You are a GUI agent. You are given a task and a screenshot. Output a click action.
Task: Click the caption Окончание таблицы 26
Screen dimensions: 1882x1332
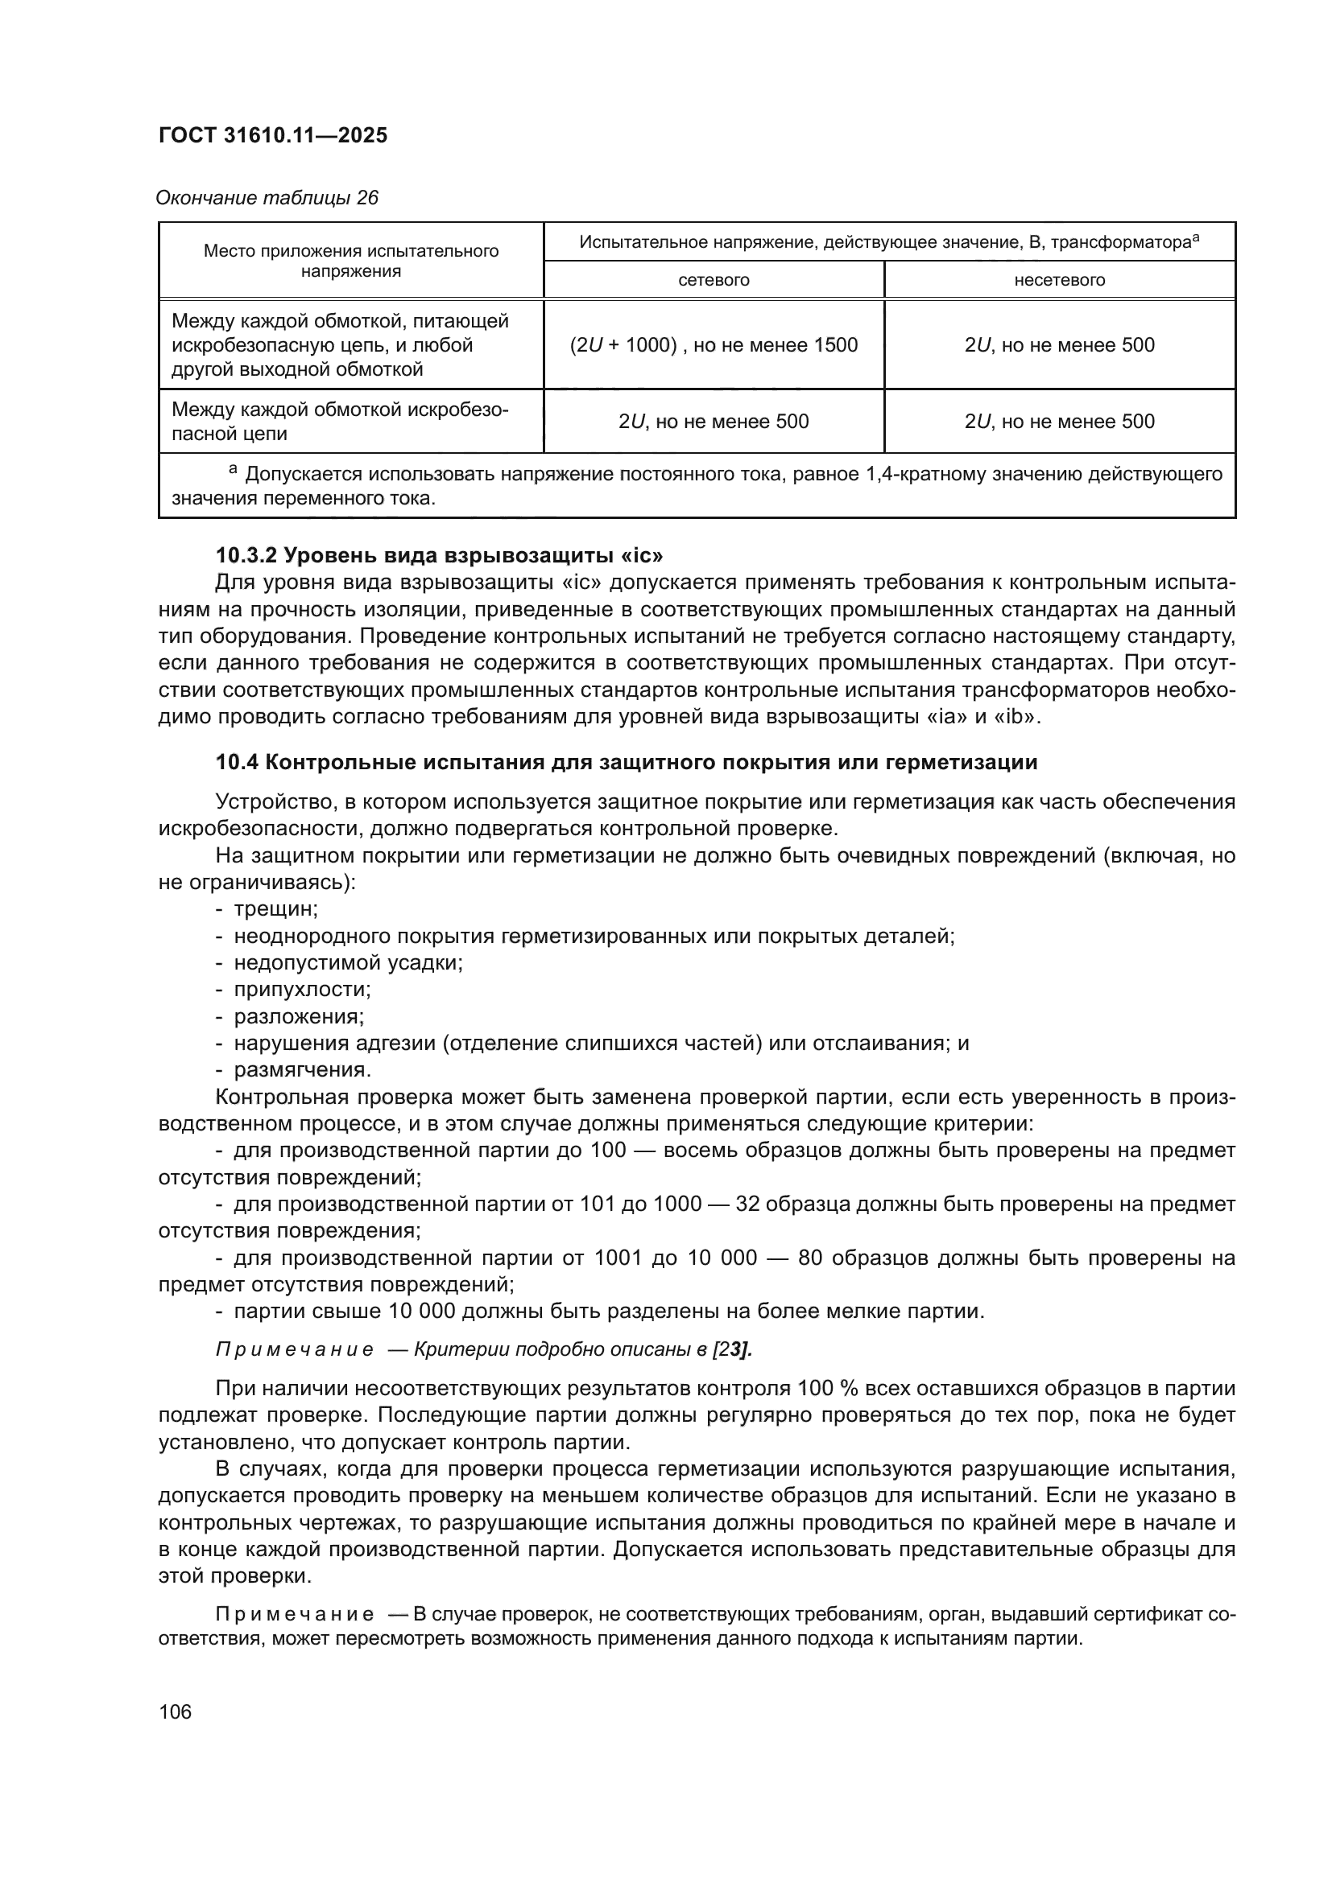267,198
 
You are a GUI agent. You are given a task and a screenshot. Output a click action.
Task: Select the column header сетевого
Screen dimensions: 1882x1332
713,280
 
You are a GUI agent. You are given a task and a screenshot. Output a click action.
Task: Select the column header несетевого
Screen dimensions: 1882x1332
1059,280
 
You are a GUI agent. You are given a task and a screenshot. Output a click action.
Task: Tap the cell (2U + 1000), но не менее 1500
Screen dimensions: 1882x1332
713,345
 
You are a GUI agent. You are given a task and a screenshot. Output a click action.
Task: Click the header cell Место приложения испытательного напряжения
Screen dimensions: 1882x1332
350,261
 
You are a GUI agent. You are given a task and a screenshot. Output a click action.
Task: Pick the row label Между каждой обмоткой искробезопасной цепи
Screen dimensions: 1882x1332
340,422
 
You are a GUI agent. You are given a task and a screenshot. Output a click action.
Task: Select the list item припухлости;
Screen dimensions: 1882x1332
302,990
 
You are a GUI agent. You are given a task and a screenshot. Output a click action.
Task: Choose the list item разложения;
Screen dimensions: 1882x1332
299,1016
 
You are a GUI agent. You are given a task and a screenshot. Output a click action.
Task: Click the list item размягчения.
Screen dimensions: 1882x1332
303,1069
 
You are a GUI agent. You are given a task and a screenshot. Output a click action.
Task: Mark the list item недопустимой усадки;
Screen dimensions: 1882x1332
348,962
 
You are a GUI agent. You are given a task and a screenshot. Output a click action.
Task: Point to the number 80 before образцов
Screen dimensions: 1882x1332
809,1258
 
